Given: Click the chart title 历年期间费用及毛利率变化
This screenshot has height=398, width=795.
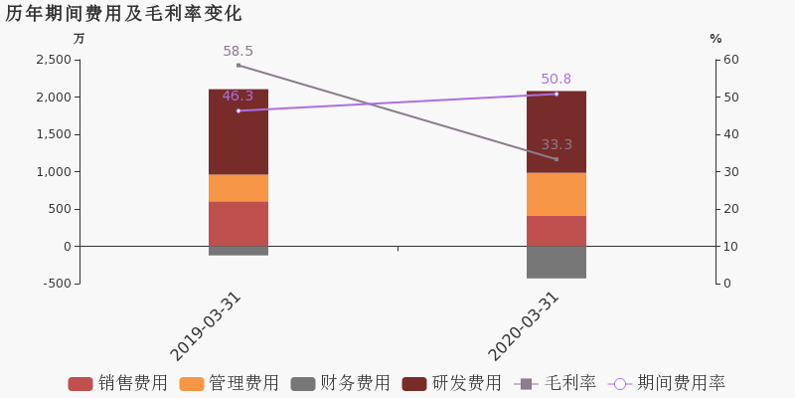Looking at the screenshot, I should point(123,14).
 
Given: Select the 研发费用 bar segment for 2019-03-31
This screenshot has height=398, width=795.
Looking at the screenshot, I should point(238,131).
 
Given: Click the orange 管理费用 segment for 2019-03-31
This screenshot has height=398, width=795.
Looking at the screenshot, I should point(238,188).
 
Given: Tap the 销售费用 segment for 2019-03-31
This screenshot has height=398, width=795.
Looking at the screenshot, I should point(238,224).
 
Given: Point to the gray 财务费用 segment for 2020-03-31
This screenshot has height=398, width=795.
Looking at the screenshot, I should point(556,262).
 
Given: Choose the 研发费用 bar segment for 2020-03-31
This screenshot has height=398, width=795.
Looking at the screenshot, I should point(556,131).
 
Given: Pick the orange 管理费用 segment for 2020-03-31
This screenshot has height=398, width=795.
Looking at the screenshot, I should point(556,194).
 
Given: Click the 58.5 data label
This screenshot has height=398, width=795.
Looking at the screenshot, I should point(238,51).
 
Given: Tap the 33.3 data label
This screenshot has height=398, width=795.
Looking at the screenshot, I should point(556,144).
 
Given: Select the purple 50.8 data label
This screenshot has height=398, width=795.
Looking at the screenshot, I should point(556,80).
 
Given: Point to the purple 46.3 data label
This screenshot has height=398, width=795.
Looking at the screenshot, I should point(238,97).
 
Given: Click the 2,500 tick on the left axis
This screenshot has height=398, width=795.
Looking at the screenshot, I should point(53,60).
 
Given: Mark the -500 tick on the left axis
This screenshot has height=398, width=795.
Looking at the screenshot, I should point(57,284).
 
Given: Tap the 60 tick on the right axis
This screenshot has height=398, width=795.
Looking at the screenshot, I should point(731,60).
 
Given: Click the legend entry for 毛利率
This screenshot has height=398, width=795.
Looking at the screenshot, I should point(556,384).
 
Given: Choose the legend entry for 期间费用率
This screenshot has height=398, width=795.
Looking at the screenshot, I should point(668,384).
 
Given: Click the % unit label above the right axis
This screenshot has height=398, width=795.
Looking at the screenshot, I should point(715,39).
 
